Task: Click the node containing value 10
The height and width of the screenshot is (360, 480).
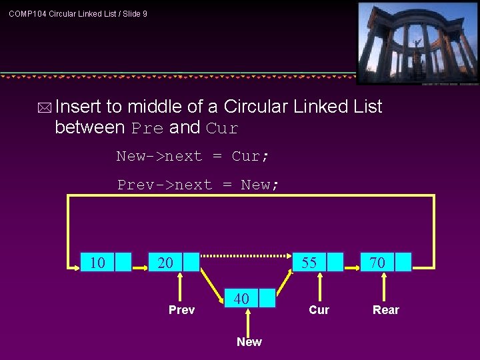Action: [x=105, y=263]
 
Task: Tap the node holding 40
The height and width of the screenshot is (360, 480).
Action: [x=250, y=299]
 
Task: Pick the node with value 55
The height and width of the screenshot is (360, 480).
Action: [x=318, y=262]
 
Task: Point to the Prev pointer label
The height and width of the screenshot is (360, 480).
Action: [x=181, y=310]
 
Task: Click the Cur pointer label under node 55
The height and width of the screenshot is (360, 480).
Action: [x=319, y=310]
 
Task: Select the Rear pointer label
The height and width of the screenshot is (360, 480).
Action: [x=386, y=310]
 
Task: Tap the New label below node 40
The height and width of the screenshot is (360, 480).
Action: [x=249, y=342]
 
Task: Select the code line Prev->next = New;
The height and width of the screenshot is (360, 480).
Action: [x=198, y=185]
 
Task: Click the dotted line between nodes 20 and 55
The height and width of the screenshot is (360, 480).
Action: [x=247, y=255]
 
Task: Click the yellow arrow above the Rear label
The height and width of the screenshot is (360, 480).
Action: [x=385, y=287]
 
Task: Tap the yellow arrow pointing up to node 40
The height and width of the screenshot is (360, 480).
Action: [x=248, y=321]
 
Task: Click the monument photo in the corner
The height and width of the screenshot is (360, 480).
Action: [x=417, y=43]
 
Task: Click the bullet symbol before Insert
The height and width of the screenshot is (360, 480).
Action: [x=45, y=107]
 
